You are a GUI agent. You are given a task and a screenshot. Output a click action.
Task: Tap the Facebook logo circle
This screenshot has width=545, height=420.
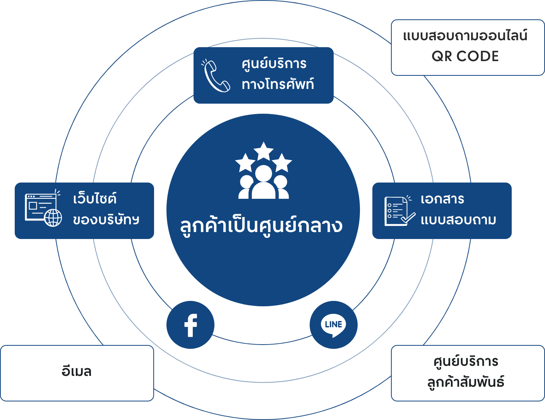(190, 325)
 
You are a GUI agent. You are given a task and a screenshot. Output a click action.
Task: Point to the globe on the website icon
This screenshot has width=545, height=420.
(53, 218)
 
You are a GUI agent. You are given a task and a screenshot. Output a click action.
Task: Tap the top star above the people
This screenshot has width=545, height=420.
(263, 151)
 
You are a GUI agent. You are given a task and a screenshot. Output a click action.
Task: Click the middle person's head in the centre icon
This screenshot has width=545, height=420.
(264, 173)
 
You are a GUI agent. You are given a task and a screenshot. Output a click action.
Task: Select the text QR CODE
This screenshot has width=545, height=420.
(465, 56)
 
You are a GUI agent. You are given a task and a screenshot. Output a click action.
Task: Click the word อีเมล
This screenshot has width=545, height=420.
(77, 371)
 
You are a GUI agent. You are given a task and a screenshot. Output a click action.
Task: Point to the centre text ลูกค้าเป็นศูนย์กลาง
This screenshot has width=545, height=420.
(261, 225)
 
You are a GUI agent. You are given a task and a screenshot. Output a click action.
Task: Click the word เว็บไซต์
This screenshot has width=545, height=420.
(95, 198)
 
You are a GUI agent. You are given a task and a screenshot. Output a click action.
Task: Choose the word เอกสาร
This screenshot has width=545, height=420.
(442, 199)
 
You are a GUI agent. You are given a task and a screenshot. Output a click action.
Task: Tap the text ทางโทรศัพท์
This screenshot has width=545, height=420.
(278, 84)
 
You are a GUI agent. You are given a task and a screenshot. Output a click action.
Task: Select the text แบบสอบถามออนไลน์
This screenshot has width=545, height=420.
(465, 35)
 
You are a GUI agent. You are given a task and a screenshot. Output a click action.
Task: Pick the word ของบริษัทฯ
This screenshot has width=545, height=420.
(106, 220)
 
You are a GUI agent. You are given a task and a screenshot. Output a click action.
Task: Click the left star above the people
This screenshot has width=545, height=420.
(245, 163)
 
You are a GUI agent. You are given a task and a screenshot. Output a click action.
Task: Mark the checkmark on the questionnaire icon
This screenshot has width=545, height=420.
(408, 218)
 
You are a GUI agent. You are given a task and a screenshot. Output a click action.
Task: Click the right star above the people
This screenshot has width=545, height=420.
(282, 162)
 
